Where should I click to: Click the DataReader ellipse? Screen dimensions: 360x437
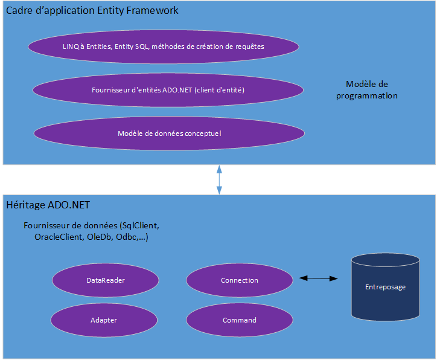point(106,280)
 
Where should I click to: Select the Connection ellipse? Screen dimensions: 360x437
point(240,280)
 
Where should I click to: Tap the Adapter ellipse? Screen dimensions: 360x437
point(104,320)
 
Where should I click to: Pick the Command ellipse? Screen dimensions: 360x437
point(240,320)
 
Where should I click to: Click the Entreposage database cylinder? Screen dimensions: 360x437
point(385,287)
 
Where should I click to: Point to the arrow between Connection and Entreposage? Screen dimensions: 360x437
point(318,278)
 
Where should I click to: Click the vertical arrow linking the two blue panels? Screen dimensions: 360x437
point(219,179)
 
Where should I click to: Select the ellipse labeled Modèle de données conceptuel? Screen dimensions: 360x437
point(170,133)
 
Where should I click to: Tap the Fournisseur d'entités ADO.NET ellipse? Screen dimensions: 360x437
point(168,89)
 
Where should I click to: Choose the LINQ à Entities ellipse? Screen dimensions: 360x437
point(164,46)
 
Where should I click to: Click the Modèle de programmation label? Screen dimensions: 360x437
point(366,89)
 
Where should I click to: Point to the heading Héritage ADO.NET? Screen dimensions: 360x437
point(48,205)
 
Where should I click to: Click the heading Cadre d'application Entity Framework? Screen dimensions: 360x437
point(92,11)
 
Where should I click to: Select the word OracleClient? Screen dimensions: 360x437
point(57,237)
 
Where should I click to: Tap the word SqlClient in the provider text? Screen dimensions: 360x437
point(140,226)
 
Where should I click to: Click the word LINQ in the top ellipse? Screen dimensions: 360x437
point(71,46)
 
